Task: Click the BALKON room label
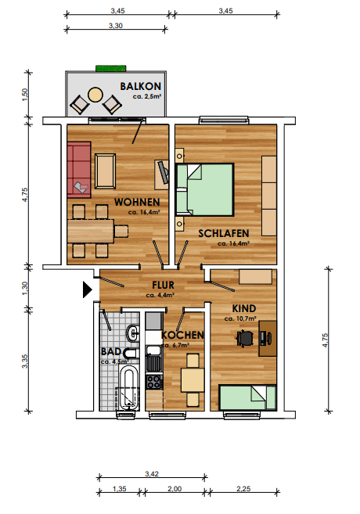coord(140,86)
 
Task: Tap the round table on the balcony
coord(95,95)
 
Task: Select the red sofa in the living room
coord(79,170)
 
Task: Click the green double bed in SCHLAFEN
coord(204,189)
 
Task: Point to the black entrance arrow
coord(87,289)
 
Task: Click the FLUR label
coord(163,286)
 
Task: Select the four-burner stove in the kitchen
coord(154,382)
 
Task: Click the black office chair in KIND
coord(246,338)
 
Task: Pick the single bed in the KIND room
coord(247,397)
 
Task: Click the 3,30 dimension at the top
coord(116,26)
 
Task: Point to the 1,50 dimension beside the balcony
coord(25,95)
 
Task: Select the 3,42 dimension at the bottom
coord(152,473)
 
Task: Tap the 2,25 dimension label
coord(243,489)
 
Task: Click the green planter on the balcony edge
coord(111,68)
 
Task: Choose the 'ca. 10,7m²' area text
coord(240,318)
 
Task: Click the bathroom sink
coord(133,334)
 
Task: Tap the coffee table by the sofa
coord(105,171)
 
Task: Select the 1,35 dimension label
coord(119,489)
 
